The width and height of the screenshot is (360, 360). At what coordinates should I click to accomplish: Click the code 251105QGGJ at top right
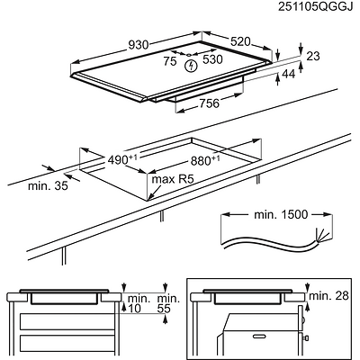click(315, 6)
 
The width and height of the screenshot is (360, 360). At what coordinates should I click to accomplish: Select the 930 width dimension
click(139, 45)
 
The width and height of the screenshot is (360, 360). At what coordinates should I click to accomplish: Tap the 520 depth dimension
click(240, 41)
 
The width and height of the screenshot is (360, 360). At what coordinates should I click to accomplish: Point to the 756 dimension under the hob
click(209, 103)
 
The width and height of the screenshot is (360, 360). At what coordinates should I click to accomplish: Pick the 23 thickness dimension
click(313, 56)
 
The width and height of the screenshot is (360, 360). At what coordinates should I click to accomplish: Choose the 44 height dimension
click(289, 74)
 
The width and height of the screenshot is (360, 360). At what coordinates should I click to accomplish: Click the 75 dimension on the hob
click(170, 61)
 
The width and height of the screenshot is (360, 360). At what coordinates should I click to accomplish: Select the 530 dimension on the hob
click(212, 59)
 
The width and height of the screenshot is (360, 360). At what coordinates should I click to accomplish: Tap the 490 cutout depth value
click(122, 160)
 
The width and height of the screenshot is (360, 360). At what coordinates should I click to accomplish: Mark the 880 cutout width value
click(205, 160)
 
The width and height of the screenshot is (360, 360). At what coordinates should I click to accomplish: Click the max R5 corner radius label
click(173, 179)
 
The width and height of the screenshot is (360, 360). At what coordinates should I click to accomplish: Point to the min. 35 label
click(48, 186)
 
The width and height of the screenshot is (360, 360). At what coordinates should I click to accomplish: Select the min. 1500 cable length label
click(281, 214)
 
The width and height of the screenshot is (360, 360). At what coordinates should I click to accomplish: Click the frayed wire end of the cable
click(321, 234)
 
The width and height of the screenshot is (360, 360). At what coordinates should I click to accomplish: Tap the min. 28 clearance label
click(328, 296)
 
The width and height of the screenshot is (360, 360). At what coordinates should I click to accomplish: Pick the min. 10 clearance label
click(139, 303)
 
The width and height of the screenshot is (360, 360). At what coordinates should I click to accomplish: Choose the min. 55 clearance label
click(168, 303)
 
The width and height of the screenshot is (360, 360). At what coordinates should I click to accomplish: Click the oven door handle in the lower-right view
click(260, 335)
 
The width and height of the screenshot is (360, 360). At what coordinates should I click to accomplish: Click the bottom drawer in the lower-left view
click(67, 345)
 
